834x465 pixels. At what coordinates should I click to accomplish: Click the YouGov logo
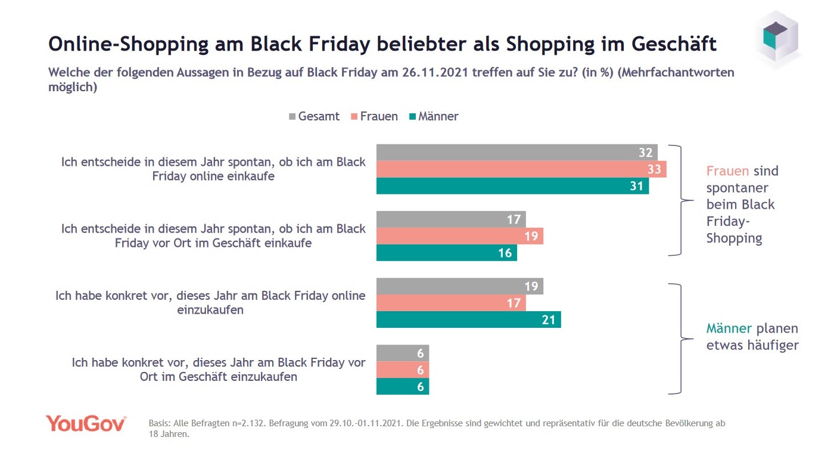(x=86, y=423)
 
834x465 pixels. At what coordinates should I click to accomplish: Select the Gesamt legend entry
(x=314, y=116)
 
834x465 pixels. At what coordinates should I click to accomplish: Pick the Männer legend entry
(x=433, y=116)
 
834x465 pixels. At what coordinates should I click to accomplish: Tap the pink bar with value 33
(x=521, y=169)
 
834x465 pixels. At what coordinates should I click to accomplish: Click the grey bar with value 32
(x=516, y=153)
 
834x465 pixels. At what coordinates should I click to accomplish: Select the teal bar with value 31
(x=512, y=186)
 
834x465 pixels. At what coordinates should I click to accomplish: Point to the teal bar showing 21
(x=468, y=320)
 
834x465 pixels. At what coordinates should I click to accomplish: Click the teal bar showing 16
(x=446, y=253)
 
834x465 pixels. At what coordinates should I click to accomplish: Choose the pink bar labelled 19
(x=459, y=236)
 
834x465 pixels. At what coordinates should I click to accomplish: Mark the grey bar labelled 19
(x=459, y=287)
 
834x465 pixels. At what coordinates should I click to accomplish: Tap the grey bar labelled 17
(x=451, y=219)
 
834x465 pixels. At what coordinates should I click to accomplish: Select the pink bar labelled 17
(x=451, y=303)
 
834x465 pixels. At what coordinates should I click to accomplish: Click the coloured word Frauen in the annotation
(x=727, y=171)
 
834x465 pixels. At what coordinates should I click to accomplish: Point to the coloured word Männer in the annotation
(x=729, y=328)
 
